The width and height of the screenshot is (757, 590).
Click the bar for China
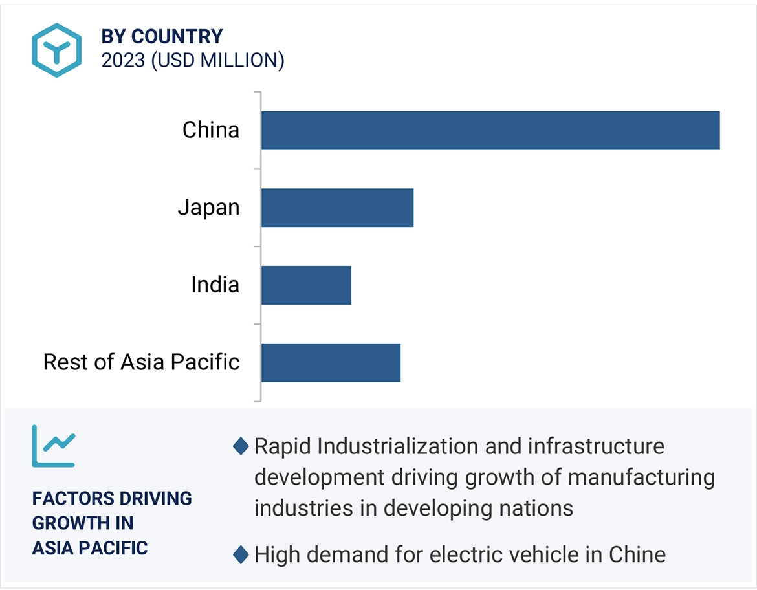(490, 130)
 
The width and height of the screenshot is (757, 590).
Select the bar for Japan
(337, 208)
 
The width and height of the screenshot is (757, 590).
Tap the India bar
(306, 285)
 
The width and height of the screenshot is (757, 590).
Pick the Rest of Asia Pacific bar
(331, 363)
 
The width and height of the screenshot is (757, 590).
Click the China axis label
(210, 130)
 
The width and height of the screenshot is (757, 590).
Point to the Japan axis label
(208, 208)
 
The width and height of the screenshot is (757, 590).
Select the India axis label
(215, 285)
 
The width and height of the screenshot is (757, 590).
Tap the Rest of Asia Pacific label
(141, 362)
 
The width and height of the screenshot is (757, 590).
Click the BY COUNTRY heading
(162, 36)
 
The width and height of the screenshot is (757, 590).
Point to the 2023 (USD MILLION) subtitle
(192, 60)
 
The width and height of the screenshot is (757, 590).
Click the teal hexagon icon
(57, 50)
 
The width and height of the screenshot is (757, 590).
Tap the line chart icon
(53, 446)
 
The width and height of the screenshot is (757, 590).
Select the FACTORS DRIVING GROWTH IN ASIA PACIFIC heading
(111, 523)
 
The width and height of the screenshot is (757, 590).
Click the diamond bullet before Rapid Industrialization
(241, 446)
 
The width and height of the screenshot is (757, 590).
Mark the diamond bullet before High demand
(241, 554)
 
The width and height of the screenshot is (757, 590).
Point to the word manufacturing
(641, 477)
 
